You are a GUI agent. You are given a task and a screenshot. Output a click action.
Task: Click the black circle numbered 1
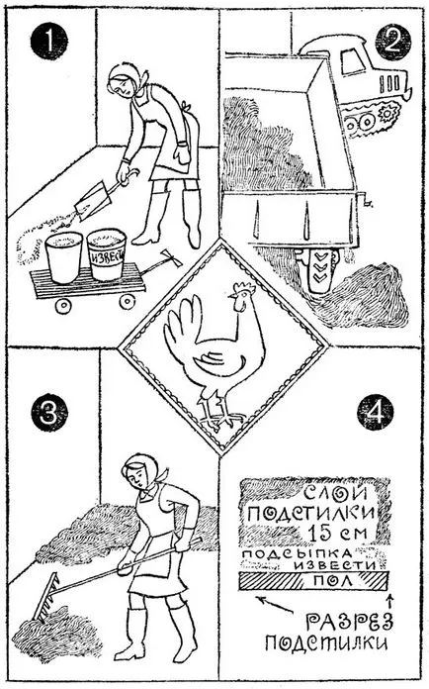[x=48, y=41]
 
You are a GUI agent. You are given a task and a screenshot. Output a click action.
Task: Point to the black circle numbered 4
[x=375, y=412]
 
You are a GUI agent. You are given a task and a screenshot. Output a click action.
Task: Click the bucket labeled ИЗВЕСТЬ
[x=107, y=254]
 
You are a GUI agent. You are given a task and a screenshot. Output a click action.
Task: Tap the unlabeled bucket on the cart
[x=64, y=257]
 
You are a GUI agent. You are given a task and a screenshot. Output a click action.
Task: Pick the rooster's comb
[x=242, y=289]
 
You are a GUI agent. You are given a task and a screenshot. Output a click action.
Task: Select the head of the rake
[x=45, y=595]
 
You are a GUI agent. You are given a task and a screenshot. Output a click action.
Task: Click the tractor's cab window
[x=352, y=60]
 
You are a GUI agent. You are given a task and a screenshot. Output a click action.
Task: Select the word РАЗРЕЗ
[x=349, y=622]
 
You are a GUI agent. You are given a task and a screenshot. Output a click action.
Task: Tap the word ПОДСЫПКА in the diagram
[x=298, y=553]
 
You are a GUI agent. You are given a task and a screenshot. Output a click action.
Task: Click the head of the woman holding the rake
[x=141, y=471]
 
